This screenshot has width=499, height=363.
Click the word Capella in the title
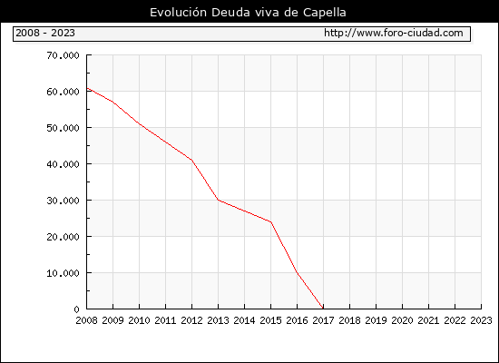[324, 13]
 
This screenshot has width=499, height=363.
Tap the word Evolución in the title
[178, 13]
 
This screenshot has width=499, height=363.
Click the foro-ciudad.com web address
[394, 33]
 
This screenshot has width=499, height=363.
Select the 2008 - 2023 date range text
[45, 33]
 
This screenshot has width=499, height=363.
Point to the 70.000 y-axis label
[63, 55]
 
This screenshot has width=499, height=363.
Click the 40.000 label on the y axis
[63, 164]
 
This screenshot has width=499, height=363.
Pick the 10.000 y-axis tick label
[63, 273]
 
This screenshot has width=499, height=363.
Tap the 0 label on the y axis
[76, 309]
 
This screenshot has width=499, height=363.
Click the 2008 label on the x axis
[86, 320]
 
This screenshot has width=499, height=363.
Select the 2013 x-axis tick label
[218, 320]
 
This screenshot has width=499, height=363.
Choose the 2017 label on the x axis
[323, 320]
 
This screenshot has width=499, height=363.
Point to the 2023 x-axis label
[481, 320]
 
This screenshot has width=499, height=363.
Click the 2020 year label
[402, 320]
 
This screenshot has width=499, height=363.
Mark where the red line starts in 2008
[87, 88]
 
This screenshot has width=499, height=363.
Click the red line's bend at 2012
[192, 160]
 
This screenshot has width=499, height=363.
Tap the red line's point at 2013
[218, 200]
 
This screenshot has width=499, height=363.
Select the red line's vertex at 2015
[271, 222]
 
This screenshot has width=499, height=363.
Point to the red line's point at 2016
[297, 272]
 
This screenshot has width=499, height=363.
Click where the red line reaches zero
[323, 309]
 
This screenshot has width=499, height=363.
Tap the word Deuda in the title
[230, 13]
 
